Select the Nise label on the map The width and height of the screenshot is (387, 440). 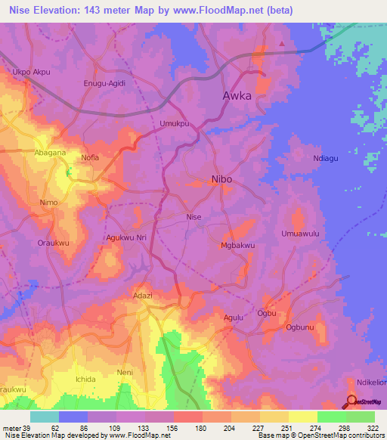194,217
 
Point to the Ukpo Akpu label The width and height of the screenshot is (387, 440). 29,73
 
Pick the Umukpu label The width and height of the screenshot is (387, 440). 173,122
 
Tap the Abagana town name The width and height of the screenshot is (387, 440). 50,152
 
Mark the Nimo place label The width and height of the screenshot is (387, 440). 48,203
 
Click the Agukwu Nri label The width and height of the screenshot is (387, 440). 125,237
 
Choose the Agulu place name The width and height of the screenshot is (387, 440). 233,318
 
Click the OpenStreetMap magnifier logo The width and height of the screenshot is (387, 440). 352,402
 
